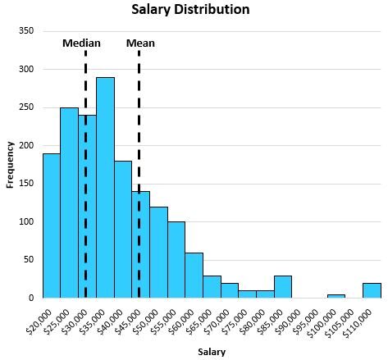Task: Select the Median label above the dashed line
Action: pos(81,43)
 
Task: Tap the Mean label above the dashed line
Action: pos(140,43)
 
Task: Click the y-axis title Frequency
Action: pos(10,164)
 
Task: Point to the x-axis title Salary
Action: pos(211,352)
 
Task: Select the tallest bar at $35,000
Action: pos(105,189)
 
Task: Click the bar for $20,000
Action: pos(51,226)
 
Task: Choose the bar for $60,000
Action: pos(194,275)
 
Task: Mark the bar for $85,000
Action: pos(283,286)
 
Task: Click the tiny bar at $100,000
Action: pos(336,295)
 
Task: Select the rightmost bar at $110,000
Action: pos(372,290)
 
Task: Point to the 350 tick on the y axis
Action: pos(28,31)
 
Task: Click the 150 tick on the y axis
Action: pos(28,184)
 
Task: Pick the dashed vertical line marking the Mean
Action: pos(139,164)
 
